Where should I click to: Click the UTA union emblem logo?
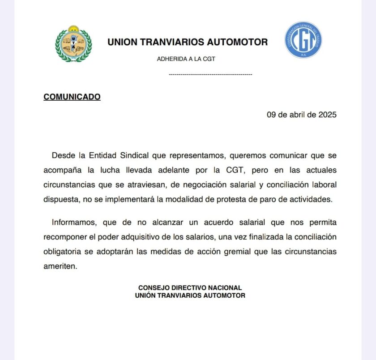pyautogui.click(x=73, y=43)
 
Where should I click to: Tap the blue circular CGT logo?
pyautogui.click(x=303, y=40)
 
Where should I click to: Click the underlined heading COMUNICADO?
pyautogui.click(x=72, y=97)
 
